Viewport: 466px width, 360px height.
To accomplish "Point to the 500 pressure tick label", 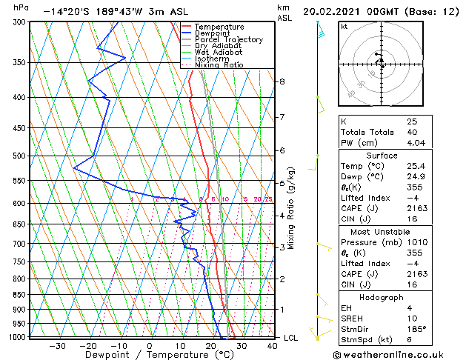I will click(x=21, y=156).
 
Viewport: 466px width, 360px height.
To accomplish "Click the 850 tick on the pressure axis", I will click(x=21, y=295).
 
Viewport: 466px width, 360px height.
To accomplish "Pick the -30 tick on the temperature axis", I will click(x=56, y=345).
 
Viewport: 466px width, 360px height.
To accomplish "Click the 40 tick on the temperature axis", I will click(x=272, y=345).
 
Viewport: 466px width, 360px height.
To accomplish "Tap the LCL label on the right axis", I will click(x=292, y=338).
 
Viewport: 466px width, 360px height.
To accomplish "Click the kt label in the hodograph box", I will click(x=344, y=27).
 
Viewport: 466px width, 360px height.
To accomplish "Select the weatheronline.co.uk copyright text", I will click(x=400, y=354).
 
